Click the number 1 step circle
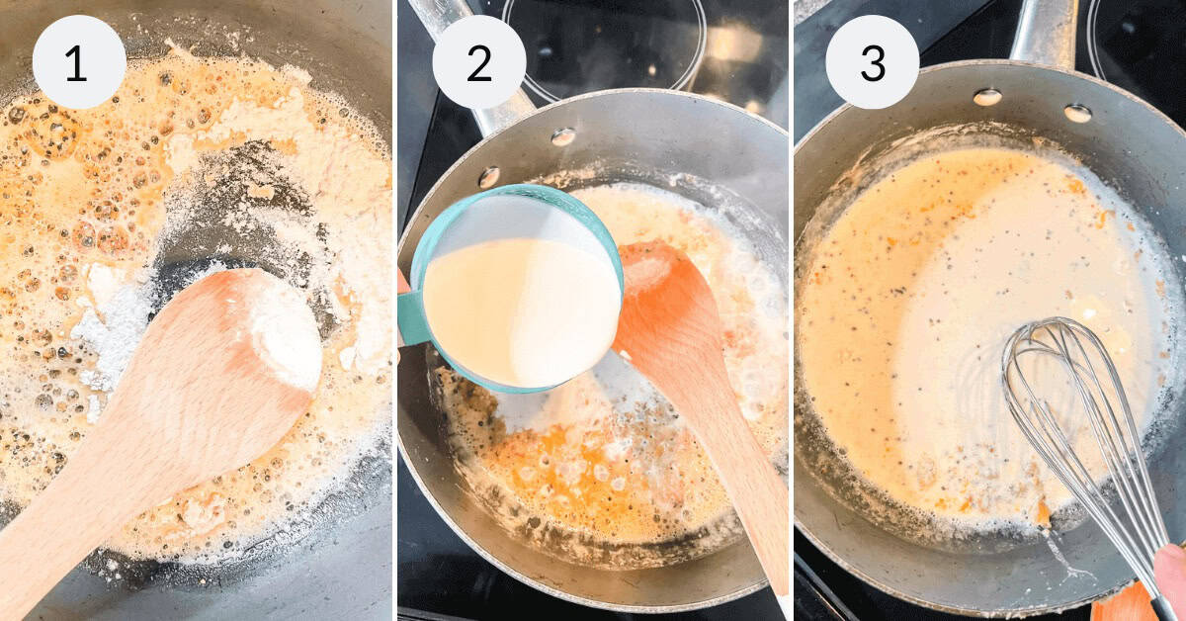[x=78, y=62]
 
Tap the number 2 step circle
[x=478, y=62]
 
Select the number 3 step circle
[x=872, y=62]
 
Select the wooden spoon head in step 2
[x=657, y=297]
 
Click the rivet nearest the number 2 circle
[x=563, y=136]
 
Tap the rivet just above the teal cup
[x=488, y=177]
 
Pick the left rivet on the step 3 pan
[x=985, y=96]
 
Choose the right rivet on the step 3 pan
[x=1077, y=113]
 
